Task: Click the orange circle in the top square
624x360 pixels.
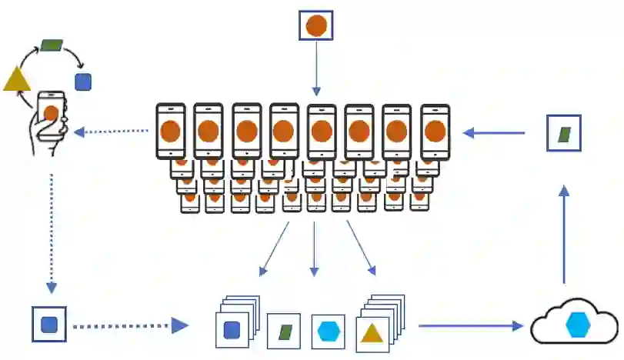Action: (x=315, y=25)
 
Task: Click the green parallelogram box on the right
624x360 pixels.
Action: (x=564, y=133)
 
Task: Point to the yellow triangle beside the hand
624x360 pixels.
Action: (x=16, y=79)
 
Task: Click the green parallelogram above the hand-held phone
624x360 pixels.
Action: (x=52, y=45)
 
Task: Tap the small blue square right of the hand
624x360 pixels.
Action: (x=83, y=82)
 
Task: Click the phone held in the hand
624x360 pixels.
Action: (x=52, y=115)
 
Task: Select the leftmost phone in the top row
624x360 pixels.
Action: (x=171, y=132)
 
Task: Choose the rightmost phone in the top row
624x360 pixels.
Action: (x=435, y=132)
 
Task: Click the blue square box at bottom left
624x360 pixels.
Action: (x=49, y=325)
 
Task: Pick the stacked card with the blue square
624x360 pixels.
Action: (x=232, y=330)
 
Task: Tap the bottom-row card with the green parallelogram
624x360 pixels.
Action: (x=284, y=332)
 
